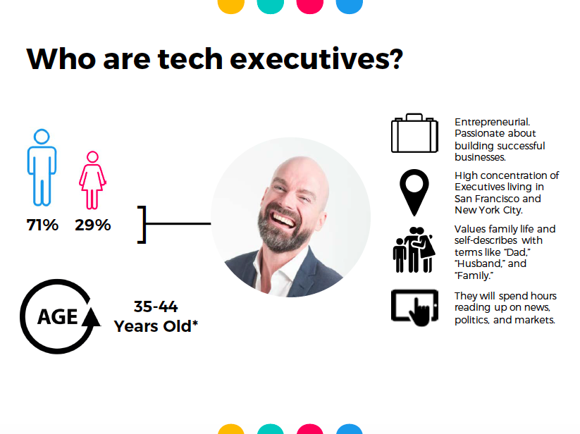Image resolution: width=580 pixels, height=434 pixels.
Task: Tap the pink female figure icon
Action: pos(92,180)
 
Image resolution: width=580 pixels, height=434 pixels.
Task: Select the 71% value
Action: pos(42,225)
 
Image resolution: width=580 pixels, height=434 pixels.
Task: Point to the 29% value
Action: pos(93,225)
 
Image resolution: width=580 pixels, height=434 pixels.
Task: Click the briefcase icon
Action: pos(414,133)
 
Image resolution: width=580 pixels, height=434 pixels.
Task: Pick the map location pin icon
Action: pos(414,192)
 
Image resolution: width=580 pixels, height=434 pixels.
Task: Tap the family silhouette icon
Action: pos(414,250)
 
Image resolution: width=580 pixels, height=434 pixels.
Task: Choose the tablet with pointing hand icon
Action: pos(414,308)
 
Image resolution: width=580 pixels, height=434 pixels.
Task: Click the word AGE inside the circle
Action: pos(57,317)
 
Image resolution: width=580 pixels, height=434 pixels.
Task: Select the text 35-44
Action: pos(156,306)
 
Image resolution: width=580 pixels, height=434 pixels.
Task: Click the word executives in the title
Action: pos(316,59)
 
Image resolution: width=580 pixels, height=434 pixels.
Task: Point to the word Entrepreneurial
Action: pos(493,123)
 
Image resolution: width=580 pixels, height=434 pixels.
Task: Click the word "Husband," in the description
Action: pos(480,263)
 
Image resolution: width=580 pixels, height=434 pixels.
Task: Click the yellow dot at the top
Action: pos(231,5)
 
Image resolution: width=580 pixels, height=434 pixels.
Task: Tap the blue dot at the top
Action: pos(349,5)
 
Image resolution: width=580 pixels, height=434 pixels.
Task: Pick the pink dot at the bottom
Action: pos(310,430)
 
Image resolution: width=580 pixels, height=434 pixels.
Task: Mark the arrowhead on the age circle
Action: pos(91,317)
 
